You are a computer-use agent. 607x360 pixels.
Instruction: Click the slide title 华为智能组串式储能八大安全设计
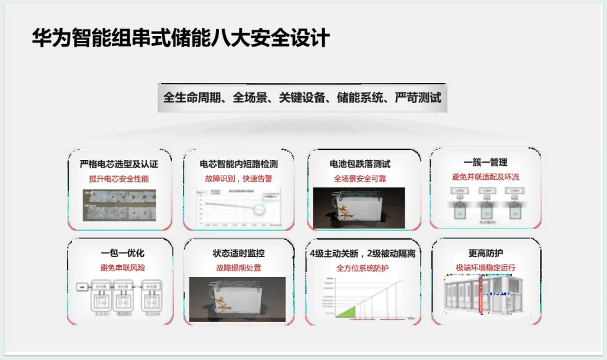coord(181,38)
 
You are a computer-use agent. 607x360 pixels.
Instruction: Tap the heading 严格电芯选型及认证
coord(119,164)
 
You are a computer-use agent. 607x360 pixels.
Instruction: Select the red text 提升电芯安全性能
coord(119,179)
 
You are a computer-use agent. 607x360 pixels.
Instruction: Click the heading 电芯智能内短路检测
coord(238,164)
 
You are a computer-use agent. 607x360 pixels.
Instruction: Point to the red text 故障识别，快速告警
coord(238,179)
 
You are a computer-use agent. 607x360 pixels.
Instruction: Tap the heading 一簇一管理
coord(485,162)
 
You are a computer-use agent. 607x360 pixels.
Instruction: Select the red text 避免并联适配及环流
coord(485,177)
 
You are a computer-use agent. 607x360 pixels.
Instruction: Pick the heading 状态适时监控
coord(238,253)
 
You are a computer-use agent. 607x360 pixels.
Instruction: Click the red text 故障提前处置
coord(238,268)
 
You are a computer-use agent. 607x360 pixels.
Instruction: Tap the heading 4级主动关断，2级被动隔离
coord(362,253)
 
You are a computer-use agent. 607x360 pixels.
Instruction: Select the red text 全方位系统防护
coord(362,268)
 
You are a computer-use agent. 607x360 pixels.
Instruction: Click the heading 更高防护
coord(485,253)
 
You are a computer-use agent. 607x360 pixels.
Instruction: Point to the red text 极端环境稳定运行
coord(485,268)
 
